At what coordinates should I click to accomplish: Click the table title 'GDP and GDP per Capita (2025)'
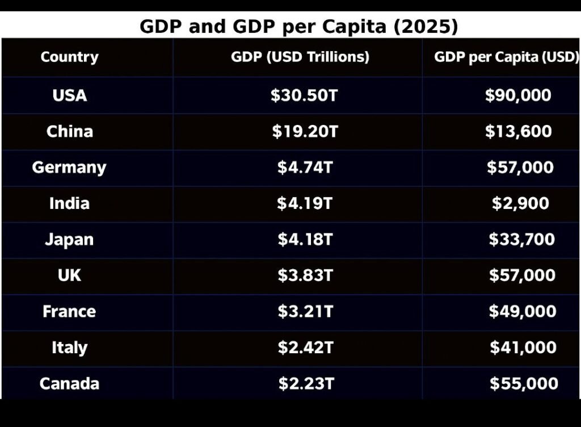298,27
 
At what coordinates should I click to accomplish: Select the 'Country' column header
69,57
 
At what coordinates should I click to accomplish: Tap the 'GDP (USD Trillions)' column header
300,57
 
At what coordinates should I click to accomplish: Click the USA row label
69,95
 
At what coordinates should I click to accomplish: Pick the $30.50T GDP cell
304,95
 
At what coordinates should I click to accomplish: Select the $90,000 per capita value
518,95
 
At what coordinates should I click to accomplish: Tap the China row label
69,131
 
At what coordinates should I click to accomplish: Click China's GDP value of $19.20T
305,132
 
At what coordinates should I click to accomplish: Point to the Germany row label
69,168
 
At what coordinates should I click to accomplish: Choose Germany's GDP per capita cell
520,168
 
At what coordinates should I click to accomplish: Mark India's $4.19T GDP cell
305,203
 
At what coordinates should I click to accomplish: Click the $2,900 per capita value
520,203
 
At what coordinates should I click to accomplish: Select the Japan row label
69,240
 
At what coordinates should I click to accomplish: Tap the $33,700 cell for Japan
521,239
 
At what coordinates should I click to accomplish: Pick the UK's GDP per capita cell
522,275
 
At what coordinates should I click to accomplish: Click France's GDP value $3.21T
305,311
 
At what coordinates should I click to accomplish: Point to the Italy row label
69,348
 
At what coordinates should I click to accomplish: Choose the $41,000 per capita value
523,348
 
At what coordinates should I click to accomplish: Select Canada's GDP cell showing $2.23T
306,384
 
